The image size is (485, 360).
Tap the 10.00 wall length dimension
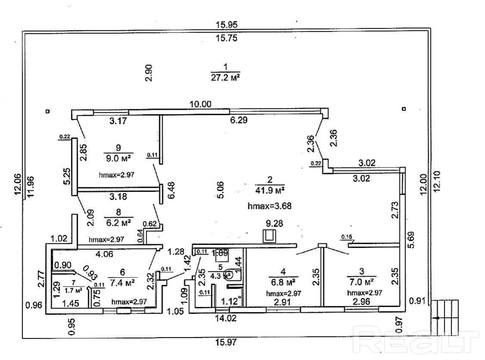pyautogui.click(x=201, y=104)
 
